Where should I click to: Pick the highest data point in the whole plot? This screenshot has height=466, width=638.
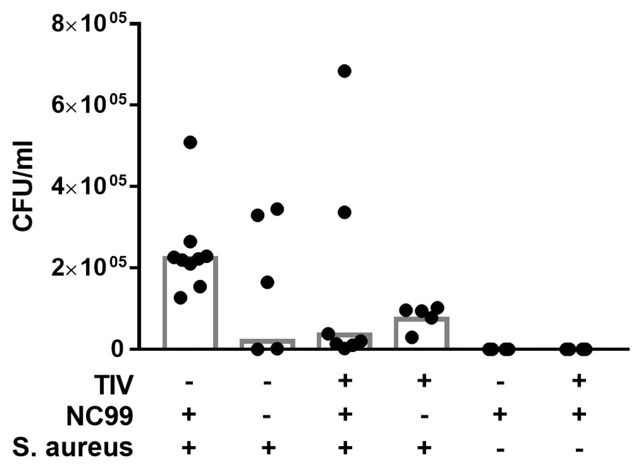(345, 71)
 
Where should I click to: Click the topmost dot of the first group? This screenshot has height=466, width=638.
(190, 142)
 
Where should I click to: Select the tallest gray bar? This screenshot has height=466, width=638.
(190, 302)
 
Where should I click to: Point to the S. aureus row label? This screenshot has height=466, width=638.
(72, 447)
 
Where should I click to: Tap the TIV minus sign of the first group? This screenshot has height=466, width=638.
(189, 384)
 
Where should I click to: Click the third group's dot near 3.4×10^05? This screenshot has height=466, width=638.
(345, 212)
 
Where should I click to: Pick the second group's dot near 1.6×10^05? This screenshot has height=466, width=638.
(267, 282)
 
